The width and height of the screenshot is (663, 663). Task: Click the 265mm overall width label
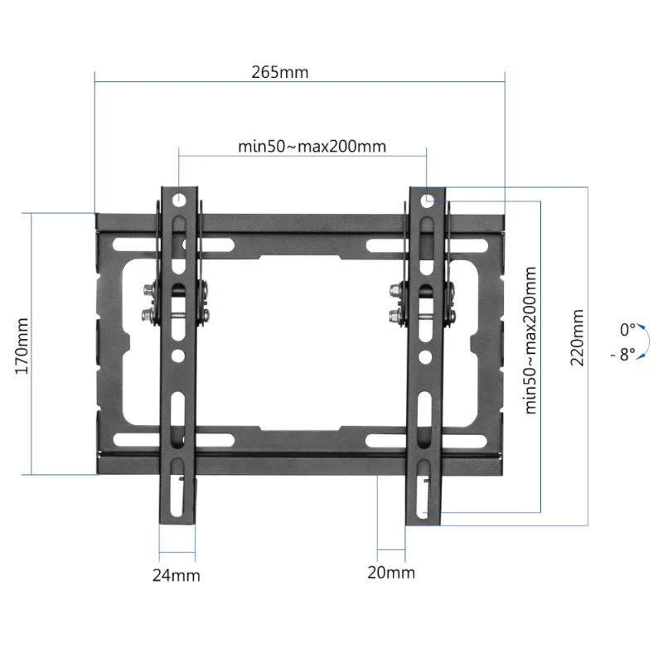pos(280,72)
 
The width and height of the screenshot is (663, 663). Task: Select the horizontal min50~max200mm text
pos(312,147)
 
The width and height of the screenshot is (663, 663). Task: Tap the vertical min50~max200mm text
pos(530,340)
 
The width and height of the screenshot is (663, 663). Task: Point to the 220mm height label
pos(578,337)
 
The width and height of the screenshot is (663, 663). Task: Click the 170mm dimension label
pos(22,343)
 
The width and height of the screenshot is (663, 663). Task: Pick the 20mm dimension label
pos(391,573)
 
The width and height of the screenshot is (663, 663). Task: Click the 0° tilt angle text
pos(627,330)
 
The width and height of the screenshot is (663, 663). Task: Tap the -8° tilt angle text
pos(623,353)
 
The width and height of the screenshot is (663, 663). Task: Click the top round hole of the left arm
pos(179,200)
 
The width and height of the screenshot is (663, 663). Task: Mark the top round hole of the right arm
pos(427,200)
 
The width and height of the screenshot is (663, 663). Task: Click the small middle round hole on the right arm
pos(424,356)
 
